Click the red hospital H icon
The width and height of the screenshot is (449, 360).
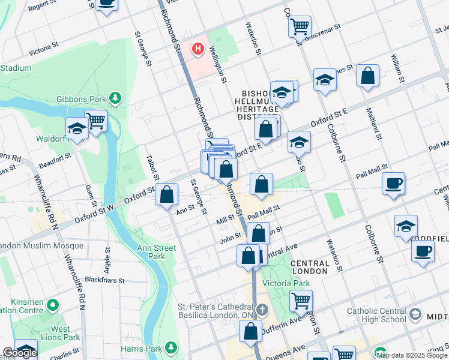(196, 49)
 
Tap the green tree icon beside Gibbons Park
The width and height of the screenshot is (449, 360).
(115, 98)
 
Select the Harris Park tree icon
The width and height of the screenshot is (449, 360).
(172, 348)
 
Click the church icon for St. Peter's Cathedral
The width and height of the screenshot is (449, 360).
(262, 310)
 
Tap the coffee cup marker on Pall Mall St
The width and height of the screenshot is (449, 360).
(393, 183)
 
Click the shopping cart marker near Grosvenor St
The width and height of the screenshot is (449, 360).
(299, 26)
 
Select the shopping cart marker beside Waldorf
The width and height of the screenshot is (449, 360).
(95, 121)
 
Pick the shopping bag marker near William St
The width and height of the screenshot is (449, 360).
(367, 76)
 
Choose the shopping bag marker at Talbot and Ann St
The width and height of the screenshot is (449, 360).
(167, 194)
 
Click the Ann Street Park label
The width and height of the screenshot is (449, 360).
(156, 252)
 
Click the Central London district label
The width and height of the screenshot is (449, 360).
(309, 267)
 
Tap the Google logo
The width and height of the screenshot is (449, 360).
(20, 353)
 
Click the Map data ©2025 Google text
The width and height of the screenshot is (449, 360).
(412, 355)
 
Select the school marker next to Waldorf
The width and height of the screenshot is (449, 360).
(77, 128)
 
